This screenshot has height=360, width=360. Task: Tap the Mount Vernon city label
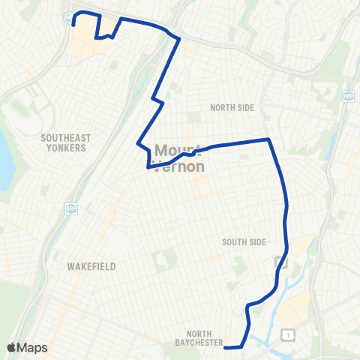(x=178, y=157)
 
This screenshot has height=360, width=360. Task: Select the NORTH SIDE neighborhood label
(x=232, y=108)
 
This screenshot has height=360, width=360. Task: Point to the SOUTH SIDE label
(x=244, y=241)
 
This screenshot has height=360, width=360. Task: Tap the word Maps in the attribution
(x=32, y=347)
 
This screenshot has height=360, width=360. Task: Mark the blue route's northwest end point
(x=74, y=25)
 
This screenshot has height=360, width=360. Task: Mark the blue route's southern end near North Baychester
(x=225, y=347)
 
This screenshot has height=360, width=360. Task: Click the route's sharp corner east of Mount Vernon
(x=268, y=139)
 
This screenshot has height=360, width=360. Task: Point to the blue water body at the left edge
(x=4, y=161)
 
